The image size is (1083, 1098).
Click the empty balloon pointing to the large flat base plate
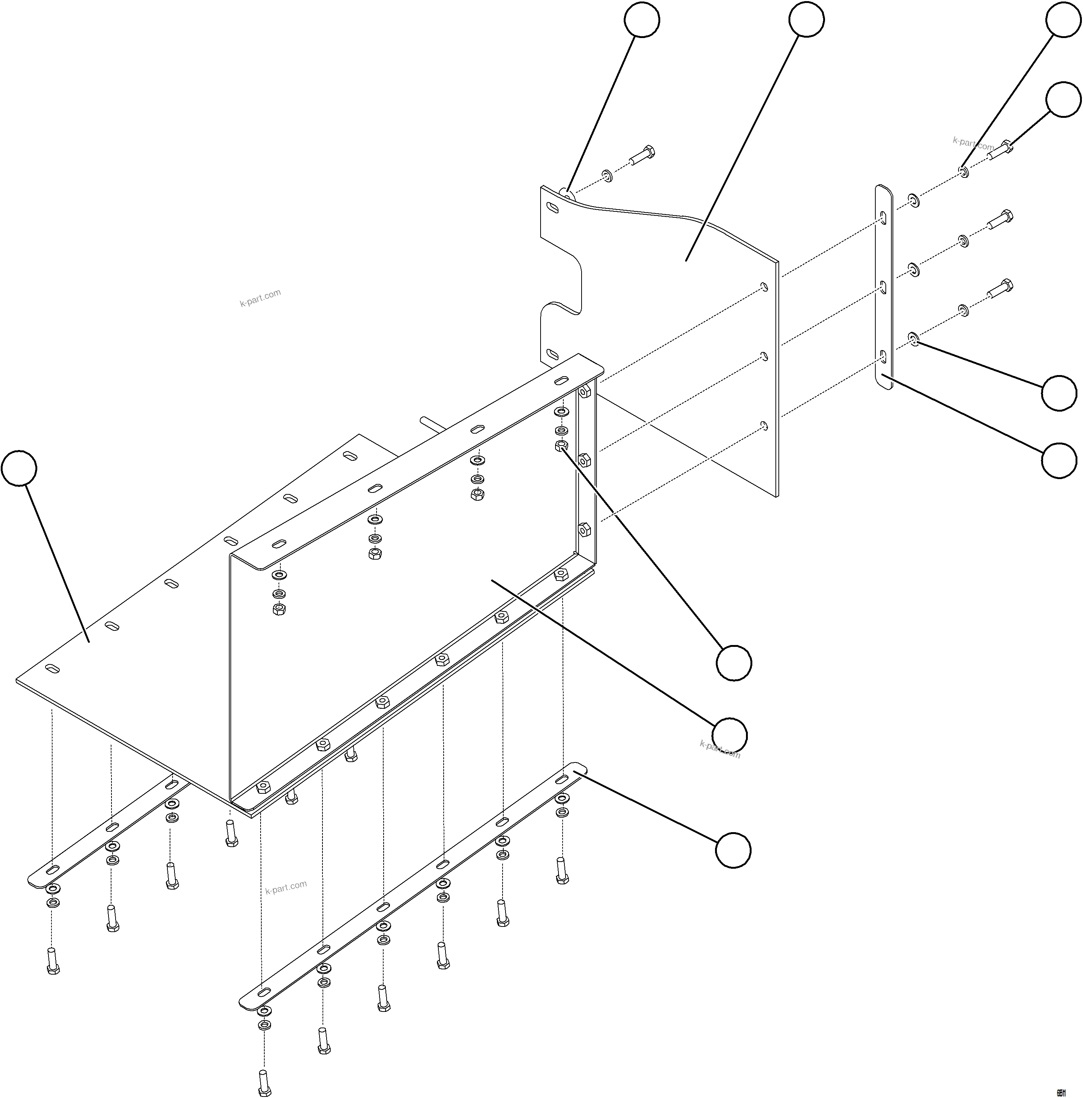pos(19,468)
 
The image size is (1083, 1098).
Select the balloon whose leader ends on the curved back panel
pos(806,19)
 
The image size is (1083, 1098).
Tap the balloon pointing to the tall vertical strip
pos(1059,460)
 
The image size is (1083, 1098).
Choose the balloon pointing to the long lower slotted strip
pos(733,850)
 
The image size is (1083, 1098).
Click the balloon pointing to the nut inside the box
pos(734,663)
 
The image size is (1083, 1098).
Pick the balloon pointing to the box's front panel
pos(730,735)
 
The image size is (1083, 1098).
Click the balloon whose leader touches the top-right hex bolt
pos(1064,100)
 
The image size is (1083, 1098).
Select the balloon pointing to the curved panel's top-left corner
pos(642,20)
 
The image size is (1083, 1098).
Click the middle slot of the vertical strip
pos(883,287)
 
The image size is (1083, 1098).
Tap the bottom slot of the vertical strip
pos(883,357)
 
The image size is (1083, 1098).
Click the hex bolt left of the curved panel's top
pos(642,155)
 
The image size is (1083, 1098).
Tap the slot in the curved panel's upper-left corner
pos(552,208)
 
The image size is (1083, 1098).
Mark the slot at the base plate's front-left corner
pos(52,668)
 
